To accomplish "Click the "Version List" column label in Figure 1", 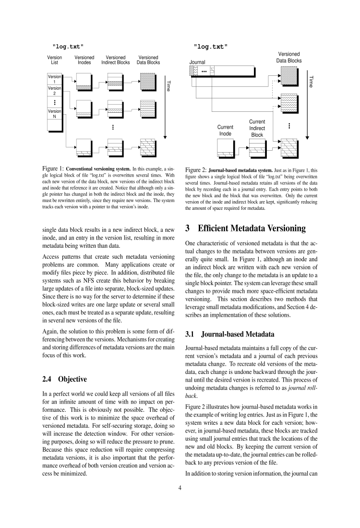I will [54, 60].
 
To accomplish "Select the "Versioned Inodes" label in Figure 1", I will [84, 60].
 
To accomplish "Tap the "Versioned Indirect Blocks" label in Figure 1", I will [115, 60].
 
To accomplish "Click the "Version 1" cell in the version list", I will [54, 79].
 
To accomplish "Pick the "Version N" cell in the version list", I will [54, 114].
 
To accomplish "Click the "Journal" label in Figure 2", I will [197, 62].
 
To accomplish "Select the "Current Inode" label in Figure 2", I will [225, 130].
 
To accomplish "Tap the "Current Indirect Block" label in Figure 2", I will [257, 128].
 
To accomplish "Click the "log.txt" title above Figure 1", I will [68, 46].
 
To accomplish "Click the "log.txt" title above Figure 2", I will [211, 47].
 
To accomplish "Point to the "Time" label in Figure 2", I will [311, 82].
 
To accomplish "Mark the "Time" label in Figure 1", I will [168, 85].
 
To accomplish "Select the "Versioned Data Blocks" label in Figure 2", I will [288, 58].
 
